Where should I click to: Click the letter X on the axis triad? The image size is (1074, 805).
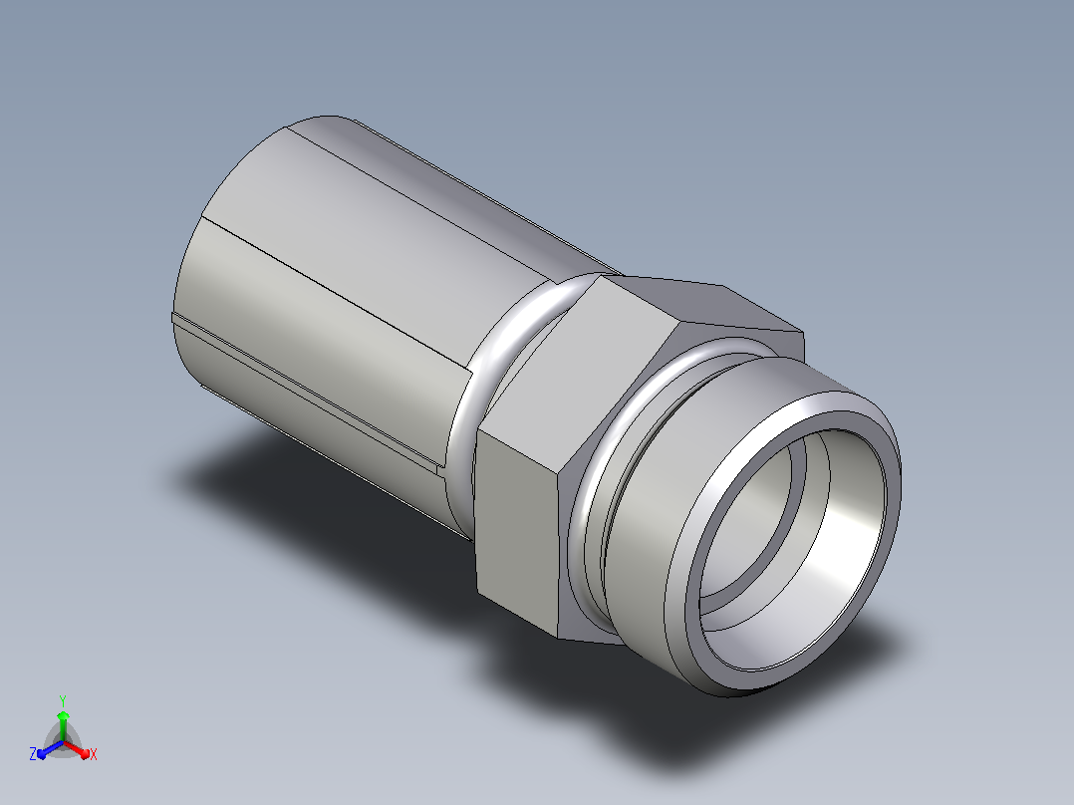click(94, 754)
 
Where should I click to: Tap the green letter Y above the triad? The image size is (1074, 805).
click(63, 700)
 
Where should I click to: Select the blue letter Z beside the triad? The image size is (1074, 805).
click(32, 753)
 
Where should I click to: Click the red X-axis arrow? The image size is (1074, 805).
click(77, 749)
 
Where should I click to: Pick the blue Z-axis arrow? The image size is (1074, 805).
click(50, 749)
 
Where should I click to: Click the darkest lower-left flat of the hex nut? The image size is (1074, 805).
click(516, 531)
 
